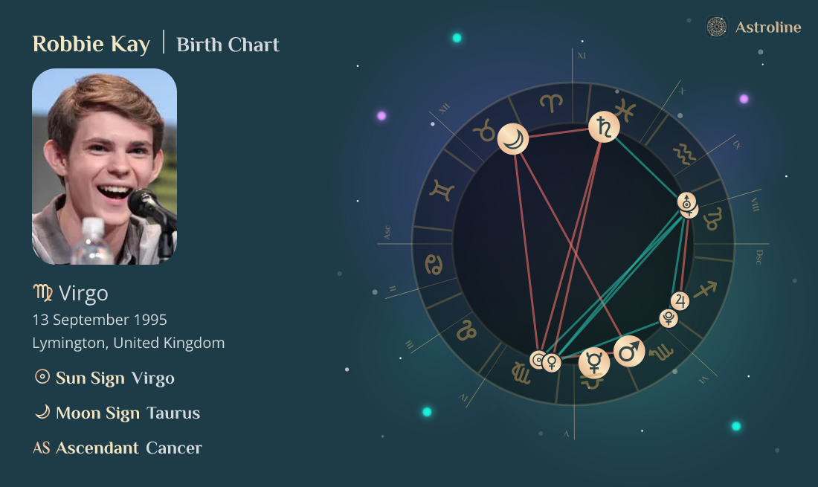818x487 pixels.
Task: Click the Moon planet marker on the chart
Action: (x=512, y=138)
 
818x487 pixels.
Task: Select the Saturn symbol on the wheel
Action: (x=604, y=128)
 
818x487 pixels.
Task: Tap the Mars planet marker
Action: (x=629, y=352)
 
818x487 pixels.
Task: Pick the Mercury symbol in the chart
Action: (x=594, y=362)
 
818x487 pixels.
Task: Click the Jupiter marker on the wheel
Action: (x=680, y=300)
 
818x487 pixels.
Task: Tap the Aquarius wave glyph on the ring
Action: (x=684, y=155)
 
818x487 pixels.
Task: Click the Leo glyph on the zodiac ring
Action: (x=466, y=329)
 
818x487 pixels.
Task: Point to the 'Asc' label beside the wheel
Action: (x=387, y=232)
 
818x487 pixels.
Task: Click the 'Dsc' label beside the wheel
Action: (x=759, y=257)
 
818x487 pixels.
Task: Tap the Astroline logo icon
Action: (x=716, y=28)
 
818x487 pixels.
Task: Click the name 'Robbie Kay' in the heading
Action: (x=91, y=44)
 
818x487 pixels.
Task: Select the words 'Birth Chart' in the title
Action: (x=228, y=45)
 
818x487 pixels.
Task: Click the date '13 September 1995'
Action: (x=100, y=320)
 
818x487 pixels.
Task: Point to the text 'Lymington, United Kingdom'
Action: (x=128, y=343)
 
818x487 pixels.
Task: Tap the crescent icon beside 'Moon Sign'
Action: (x=42, y=412)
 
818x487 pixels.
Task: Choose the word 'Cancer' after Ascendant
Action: (x=174, y=448)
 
